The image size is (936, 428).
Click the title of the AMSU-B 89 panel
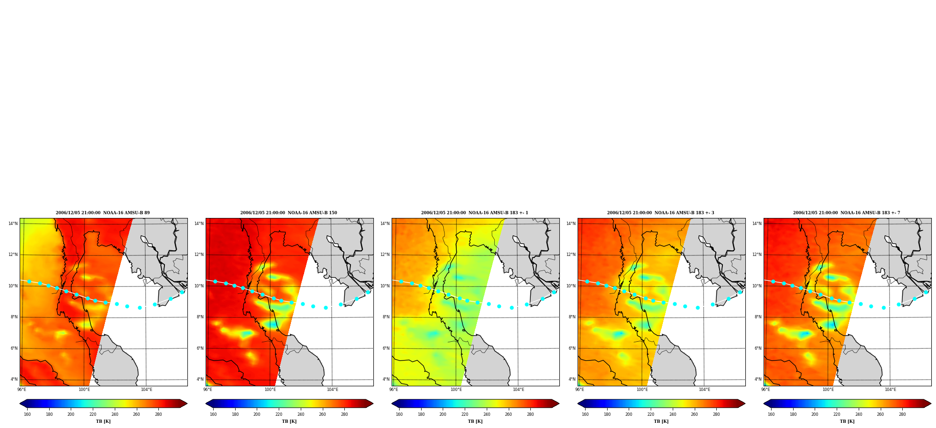click(103, 213)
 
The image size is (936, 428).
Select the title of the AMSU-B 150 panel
click(289, 213)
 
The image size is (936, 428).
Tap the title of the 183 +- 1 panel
click(475, 213)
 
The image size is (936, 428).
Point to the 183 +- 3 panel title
click(661, 213)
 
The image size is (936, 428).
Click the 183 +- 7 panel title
click(847, 213)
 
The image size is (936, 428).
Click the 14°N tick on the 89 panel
click(13, 224)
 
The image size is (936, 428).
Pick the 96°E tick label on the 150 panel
click(208, 389)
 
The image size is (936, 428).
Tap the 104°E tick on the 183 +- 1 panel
click(518, 389)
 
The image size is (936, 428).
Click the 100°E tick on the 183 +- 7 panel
click(828, 389)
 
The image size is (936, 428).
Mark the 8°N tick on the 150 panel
click(200, 317)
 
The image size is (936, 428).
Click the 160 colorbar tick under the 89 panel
click(27, 414)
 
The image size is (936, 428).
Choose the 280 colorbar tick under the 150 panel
click(344, 414)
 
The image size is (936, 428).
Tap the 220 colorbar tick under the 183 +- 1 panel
click(465, 414)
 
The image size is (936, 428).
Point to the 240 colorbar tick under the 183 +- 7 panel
click(859, 414)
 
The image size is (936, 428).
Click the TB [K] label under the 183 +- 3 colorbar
click(661, 421)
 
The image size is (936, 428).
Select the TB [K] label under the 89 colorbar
click(103, 421)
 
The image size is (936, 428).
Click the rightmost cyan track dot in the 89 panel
click(182, 292)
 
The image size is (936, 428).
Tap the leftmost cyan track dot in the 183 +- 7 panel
click(773, 281)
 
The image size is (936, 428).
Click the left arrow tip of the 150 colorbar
click(206, 403)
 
